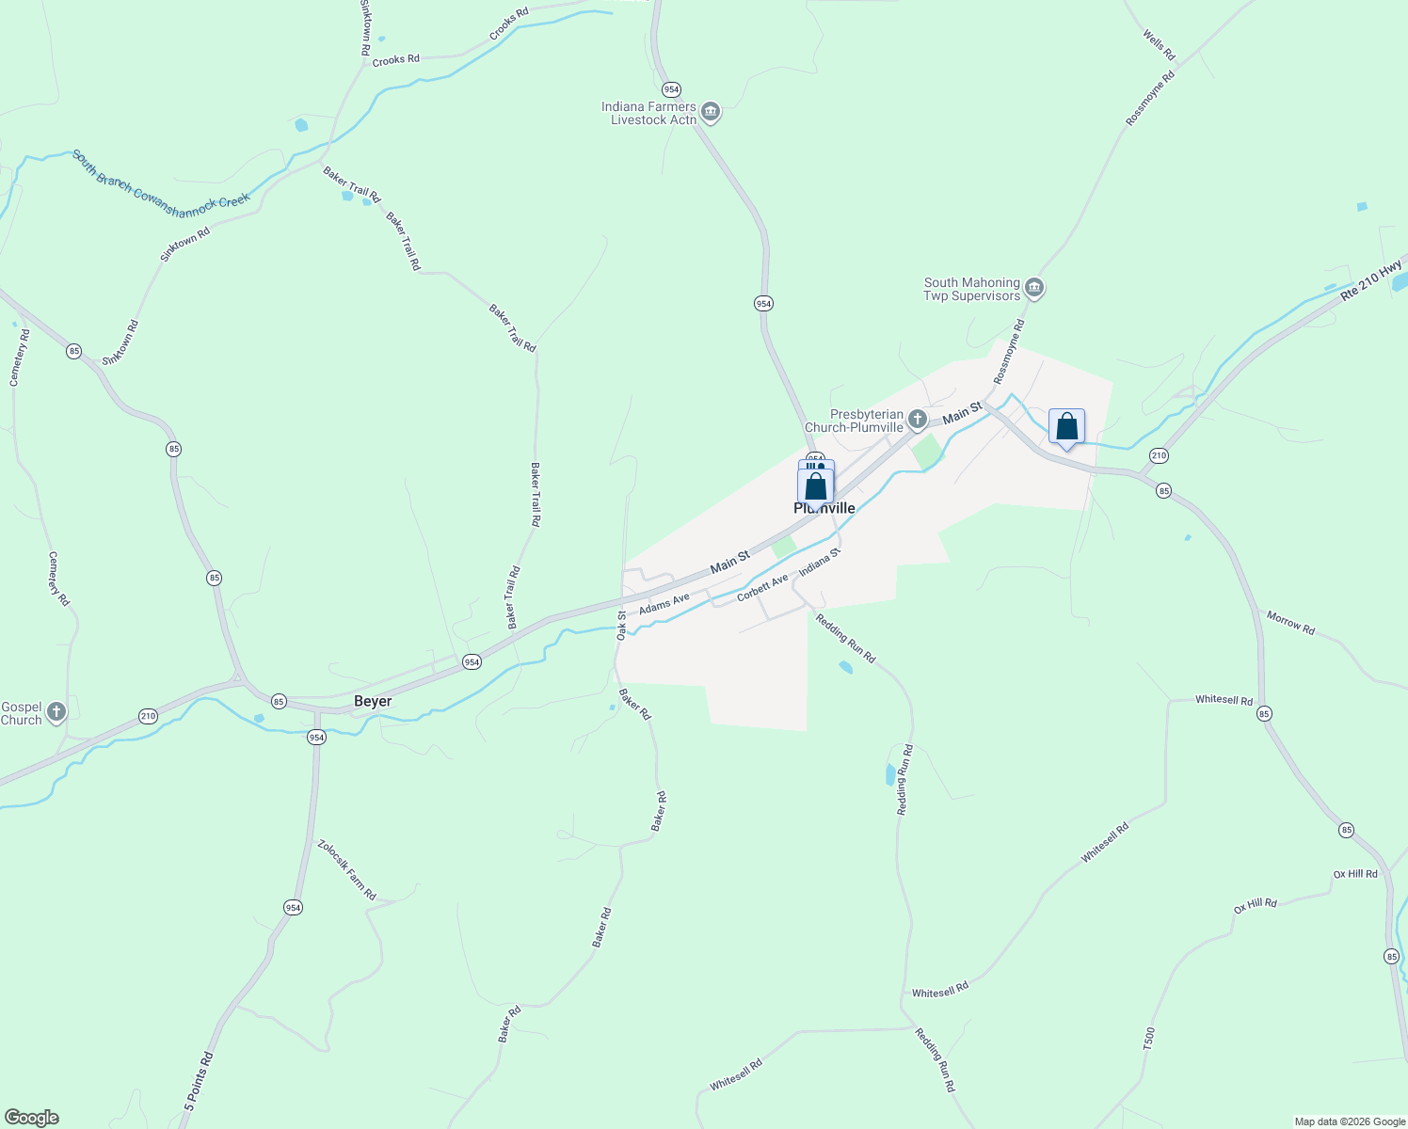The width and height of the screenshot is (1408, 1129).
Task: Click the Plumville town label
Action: [x=824, y=509]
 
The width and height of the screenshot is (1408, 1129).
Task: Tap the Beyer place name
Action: [x=373, y=702]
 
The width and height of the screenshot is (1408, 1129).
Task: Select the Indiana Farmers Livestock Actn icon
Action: [x=711, y=113]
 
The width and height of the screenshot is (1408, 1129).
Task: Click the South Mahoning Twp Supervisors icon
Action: [x=1034, y=288]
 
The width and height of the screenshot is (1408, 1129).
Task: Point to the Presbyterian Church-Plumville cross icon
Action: [x=918, y=419]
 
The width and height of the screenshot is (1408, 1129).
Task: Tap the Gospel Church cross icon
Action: [x=56, y=712]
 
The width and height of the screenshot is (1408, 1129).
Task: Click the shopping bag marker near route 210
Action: [x=1066, y=428]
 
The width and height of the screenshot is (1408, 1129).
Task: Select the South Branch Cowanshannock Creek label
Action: [x=161, y=179]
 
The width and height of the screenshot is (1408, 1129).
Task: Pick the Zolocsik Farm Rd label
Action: [x=346, y=869]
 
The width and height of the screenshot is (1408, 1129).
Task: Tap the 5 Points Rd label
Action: [x=199, y=1082]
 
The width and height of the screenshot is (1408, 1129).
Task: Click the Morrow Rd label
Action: [x=1290, y=622]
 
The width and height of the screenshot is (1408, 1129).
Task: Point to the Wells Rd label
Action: [x=1159, y=44]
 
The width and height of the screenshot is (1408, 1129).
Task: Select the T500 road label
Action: [x=1148, y=1039]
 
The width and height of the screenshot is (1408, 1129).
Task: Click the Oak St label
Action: [x=621, y=626]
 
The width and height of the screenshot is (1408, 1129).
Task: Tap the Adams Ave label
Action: [x=664, y=604]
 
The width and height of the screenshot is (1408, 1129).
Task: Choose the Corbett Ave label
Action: [x=762, y=589]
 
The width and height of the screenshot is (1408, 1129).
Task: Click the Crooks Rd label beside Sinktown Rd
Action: [x=395, y=60]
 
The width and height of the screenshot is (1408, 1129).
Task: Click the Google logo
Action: [x=31, y=1118]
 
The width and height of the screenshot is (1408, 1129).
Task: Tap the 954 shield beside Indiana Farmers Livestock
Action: [x=670, y=89]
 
